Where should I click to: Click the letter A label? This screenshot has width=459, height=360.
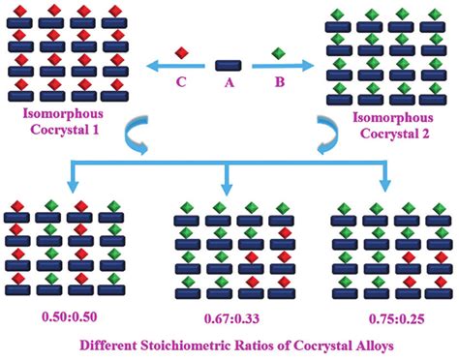click(229, 84)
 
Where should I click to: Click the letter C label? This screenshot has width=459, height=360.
click(180, 84)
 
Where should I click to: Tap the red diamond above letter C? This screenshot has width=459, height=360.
click(180, 53)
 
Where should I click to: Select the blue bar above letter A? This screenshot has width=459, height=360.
click(229, 65)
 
